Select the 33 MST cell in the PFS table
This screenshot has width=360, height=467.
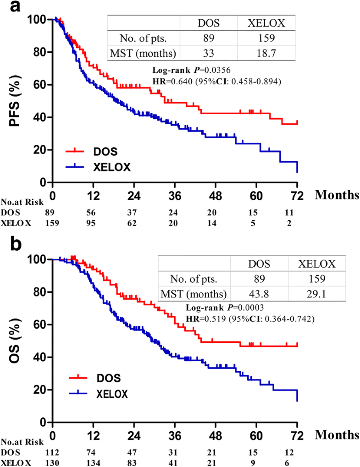pos(208,53)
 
